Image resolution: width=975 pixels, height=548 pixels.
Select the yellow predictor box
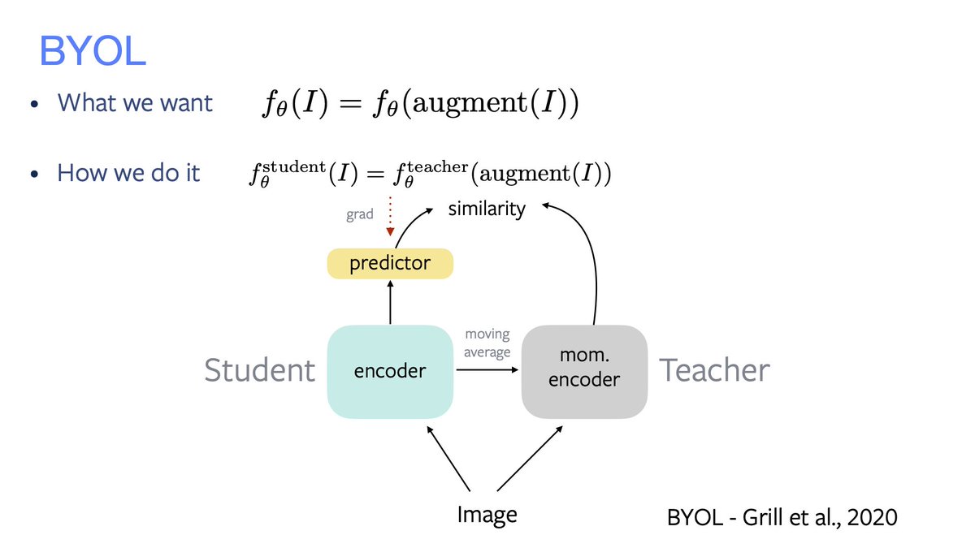click(x=390, y=264)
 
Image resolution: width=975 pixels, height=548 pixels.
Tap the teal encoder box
click(x=390, y=371)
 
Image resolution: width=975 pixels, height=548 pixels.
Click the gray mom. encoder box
click(x=584, y=370)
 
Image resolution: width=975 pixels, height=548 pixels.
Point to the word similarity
click(x=487, y=209)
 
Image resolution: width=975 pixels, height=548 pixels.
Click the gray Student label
click(x=259, y=370)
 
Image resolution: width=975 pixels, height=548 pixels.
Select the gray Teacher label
click(x=714, y=370)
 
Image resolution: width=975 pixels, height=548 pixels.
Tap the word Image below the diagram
click(x=487, y=515)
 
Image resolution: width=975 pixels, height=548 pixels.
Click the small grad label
click(x=359, y=215)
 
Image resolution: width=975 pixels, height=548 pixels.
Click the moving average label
click(x=487, y=343)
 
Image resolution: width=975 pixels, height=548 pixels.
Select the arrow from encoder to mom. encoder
click(x=487, y=370)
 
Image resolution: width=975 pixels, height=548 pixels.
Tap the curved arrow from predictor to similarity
click(x=406, y=223)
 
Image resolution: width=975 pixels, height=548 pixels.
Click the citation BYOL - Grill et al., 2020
click(x=782, y=517)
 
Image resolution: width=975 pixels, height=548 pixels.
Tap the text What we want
click(x=135, y=103)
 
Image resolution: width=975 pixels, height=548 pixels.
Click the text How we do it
click(x=128, y=173)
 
